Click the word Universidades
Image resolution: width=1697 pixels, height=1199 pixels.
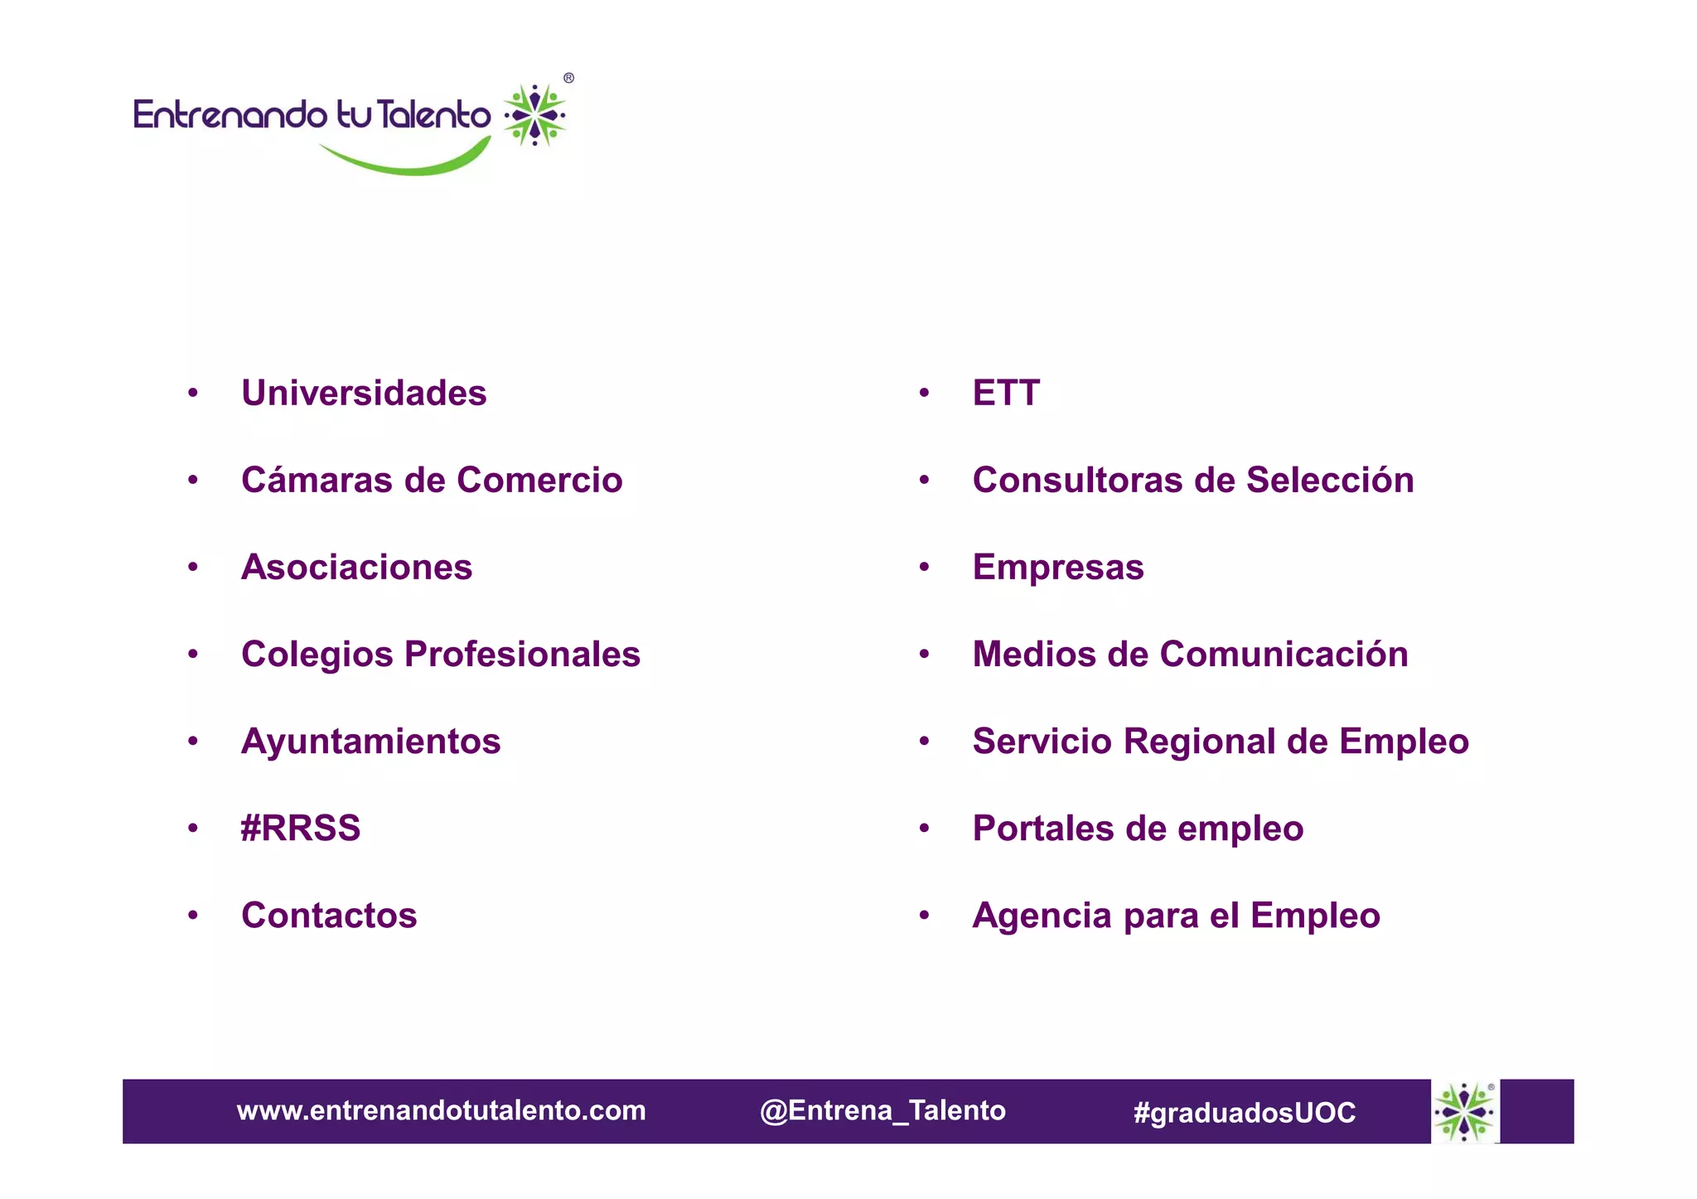click(x=364, y=393)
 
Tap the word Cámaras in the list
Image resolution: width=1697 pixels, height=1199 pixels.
click(x=315, y=480)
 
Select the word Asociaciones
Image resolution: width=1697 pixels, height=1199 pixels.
click(x=356, y=568)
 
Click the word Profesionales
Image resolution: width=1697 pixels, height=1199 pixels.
click(x=522, y=655)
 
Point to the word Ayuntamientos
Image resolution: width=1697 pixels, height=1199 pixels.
click(x=370, y=742)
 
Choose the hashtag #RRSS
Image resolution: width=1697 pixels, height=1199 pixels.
click(x=300, y=829)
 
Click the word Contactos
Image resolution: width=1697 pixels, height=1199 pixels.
click(x=329, y=916)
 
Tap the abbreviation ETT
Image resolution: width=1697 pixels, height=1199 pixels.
click(x=1006, y=393)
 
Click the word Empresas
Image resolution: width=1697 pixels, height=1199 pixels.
click(x=1058, y=568)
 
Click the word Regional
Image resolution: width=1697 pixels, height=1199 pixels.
click(x=1199, y=742)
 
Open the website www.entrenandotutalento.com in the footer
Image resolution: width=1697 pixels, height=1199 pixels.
click(x=441, y=1110)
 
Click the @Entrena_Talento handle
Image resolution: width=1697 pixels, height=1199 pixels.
click(x=882, y=1110)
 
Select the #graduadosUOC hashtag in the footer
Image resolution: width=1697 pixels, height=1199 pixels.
click(x=1245, y=1112)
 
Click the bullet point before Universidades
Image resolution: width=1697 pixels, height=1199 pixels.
click(x=193, y=393)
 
